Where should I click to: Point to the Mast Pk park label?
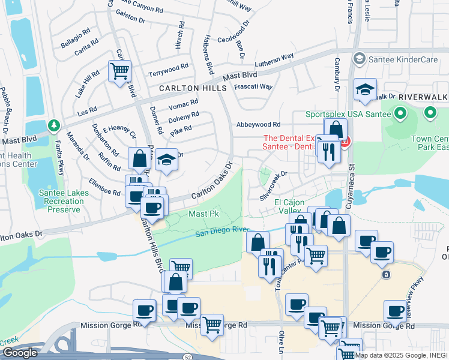pos(205,214)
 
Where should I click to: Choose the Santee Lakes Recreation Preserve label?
pos(64,201)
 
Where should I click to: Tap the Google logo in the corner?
pos(19,353)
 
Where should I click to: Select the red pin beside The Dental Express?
pos(345,143)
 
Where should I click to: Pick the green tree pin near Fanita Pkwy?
pos(54,125)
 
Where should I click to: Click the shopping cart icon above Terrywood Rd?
pos(119,71)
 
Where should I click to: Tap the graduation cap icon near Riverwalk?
pos(365,89)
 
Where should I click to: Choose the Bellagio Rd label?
pos(75,37)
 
